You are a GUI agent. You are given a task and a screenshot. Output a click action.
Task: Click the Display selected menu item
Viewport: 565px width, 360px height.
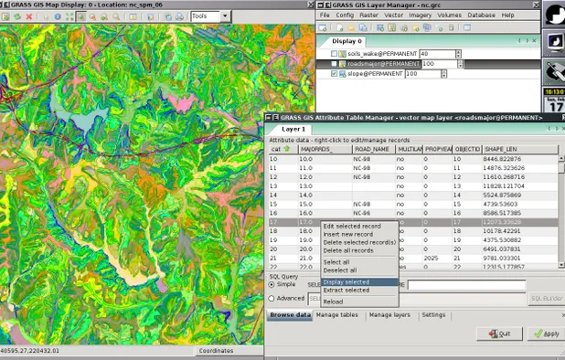346,281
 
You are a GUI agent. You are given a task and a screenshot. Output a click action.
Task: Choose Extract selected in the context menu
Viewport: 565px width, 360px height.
346,290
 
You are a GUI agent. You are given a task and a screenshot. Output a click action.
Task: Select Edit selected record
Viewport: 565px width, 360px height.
352,226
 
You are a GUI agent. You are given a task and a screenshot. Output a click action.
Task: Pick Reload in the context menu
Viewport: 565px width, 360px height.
333,302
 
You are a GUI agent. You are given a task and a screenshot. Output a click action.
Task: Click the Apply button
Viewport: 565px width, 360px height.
546,334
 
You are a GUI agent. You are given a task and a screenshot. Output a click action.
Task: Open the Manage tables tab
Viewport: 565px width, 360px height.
337,314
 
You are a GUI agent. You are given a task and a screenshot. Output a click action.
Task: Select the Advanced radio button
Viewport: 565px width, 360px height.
272,298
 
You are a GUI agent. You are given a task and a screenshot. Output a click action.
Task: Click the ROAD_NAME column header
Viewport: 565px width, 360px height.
372,148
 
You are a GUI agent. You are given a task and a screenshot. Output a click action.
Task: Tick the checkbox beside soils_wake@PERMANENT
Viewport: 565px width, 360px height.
335,53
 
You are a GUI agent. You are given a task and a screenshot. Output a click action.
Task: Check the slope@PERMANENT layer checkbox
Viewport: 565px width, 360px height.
335,74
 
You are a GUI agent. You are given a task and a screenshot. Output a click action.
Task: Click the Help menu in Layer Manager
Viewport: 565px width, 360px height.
507,16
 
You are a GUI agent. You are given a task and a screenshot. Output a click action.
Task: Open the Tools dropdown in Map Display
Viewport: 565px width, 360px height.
212,16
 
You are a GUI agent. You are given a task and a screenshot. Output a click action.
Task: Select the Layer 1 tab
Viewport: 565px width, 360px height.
293,129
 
